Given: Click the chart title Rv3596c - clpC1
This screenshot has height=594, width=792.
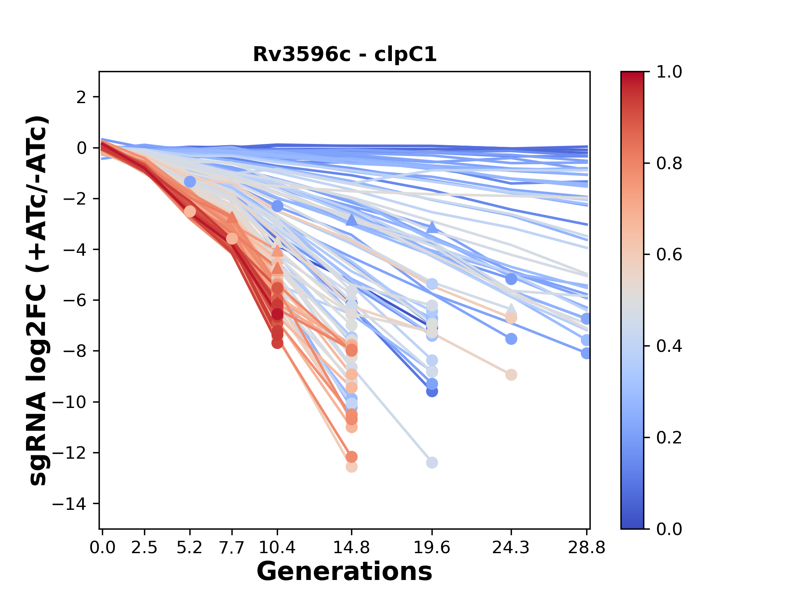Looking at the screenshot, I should [x=344, y=54].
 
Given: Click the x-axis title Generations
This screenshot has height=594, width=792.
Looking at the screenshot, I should [x=344, y=572].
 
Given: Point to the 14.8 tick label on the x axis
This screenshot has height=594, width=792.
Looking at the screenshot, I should [x=351, y=548].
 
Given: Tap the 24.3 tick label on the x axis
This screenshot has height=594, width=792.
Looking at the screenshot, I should [x=511, y=548].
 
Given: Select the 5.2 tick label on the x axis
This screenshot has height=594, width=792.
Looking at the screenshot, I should [x=189, y=548].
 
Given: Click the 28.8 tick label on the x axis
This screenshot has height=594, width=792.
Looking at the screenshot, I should [x=586, y=548].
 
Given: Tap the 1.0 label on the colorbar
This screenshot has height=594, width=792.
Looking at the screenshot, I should [x=669, y=72].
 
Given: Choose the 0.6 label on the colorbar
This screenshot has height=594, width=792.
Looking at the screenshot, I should [x=669, y=255].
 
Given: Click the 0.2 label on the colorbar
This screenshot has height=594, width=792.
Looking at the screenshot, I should [x=669, y=438].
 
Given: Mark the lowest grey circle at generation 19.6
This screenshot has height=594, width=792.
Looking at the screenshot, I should [x=432, y=463].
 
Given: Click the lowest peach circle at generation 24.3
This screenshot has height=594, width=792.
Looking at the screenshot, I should [x=511, y=375].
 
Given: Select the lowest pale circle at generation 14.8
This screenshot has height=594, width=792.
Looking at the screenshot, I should [x=351, y=467].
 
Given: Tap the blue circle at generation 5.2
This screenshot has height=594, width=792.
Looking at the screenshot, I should [x=190, y=181].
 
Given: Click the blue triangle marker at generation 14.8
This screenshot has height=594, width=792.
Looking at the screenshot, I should [x=351, y=220].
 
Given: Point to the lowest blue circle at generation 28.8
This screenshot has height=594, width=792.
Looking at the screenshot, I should [x=586, y=354].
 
